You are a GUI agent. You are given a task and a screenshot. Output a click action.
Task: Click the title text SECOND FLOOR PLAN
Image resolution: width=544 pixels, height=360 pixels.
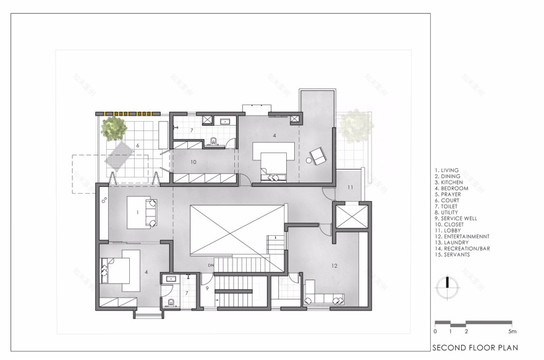coord(475,348)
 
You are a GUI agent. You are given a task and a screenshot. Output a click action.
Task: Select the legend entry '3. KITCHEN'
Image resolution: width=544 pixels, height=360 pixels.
coord(452,182)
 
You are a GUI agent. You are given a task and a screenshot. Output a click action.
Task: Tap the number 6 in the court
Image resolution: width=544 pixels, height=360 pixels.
coord(137,145)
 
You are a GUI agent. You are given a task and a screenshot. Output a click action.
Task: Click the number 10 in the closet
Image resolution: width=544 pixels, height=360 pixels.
coord(193,162)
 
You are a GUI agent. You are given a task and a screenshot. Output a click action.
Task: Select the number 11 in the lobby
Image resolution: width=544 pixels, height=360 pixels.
coord(349,187)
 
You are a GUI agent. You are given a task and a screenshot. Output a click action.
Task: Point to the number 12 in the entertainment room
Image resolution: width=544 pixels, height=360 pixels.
coord(334,266)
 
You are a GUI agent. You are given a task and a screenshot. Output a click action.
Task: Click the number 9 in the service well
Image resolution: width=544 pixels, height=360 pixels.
coord(208,289)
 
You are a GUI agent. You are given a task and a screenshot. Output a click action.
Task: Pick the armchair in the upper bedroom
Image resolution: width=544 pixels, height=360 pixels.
coord(318,156)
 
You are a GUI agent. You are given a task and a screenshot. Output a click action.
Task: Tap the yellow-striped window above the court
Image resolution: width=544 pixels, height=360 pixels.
coord(129,113)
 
